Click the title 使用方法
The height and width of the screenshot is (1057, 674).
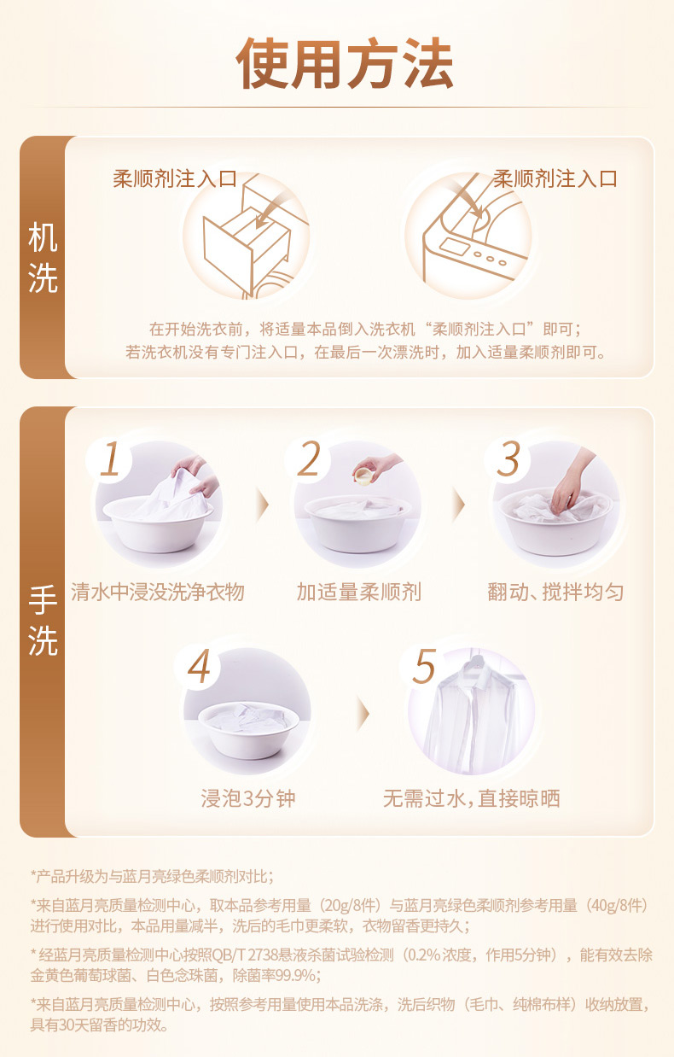[345, 63]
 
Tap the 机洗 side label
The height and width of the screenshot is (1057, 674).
[43, 258]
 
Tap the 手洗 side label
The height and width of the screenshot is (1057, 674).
[43, 621]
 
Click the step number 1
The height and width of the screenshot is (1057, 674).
[111, 459]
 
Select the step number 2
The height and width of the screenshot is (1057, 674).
[310, 458]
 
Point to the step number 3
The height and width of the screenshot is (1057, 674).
[508, 458]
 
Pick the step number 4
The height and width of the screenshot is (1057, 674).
[199, 666]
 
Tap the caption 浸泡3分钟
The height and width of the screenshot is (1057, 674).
[248, 798]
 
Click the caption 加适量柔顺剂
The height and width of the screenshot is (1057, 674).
[358, 592]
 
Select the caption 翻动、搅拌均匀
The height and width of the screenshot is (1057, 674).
[555, 592]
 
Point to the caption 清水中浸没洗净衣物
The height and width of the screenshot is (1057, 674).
[158, 592]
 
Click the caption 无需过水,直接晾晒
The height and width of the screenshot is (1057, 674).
[472, 798]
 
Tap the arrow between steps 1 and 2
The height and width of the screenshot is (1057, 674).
[262, 505]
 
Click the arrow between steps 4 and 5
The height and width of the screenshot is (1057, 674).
[363, 714]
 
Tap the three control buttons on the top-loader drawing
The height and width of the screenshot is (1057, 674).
[490, 258]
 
